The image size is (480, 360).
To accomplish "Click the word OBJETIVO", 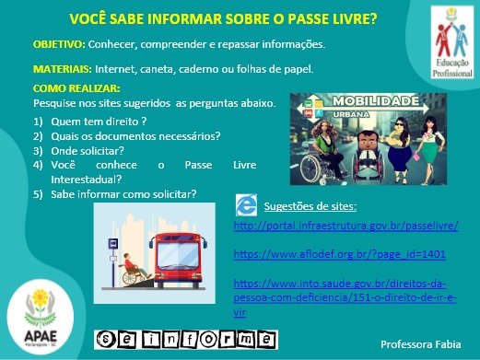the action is click(59, 44).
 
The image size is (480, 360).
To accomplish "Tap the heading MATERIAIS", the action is click(63, 69).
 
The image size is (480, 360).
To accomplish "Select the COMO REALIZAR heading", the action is click(76, 88).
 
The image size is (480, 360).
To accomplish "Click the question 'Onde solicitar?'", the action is click(88, 151).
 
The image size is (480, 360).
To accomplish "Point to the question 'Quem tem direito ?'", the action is click(99, 122).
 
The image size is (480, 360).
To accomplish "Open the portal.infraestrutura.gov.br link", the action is click(346, 226).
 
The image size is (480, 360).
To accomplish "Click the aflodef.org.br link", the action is click(339, 254).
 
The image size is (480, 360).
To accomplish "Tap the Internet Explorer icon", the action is click(246, 205).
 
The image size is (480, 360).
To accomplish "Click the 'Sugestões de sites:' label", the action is click(310, 206).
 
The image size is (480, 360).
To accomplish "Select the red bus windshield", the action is click(178, 256).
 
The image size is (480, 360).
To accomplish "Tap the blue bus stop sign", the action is click(113, 244).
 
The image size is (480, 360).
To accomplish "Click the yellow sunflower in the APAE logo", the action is click(41, 297).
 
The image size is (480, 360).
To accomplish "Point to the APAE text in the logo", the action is click(41, 336).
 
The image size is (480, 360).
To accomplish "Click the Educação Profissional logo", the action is click(452, 42).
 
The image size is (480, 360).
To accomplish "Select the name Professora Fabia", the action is click(421, 344).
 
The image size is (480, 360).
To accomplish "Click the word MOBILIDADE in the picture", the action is click(376, 101).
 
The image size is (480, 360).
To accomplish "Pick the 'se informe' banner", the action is click(186, 340).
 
